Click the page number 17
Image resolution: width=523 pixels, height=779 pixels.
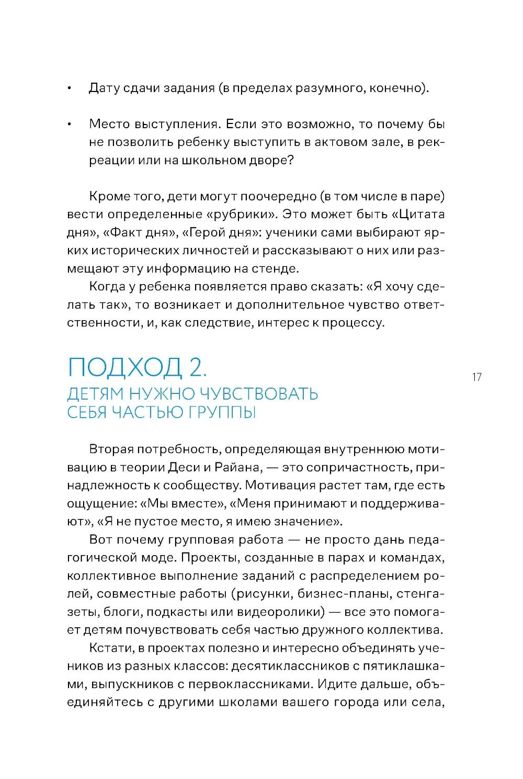(x=476, y=377)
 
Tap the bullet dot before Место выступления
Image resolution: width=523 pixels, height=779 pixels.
(x=69, y=125)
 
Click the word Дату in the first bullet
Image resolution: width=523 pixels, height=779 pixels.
(x=105, y=88)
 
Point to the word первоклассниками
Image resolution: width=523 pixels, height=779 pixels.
(x=251, y=684)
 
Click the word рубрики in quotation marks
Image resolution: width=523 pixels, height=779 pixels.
(x=237, y=214)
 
